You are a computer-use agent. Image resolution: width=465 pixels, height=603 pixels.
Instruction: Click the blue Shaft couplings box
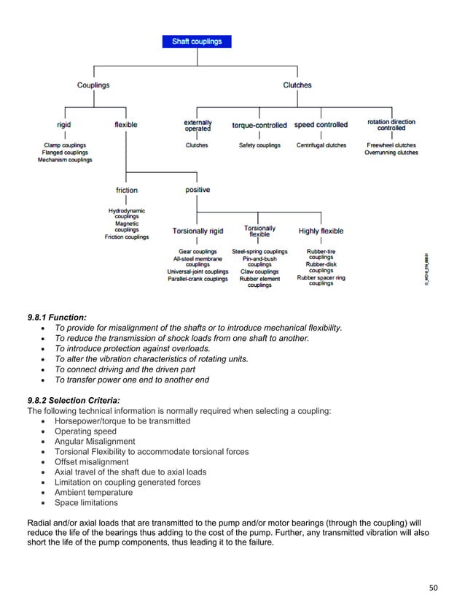(x=197, y=42)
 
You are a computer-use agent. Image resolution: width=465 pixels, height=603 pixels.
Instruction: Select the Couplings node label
(x=93, y=85)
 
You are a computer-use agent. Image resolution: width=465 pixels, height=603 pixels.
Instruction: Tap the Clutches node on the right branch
(x=297, y=85)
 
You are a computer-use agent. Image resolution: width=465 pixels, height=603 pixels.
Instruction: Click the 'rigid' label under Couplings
(x=64, y=125)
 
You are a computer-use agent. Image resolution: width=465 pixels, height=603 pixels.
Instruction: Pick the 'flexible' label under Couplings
(x=125, y=125)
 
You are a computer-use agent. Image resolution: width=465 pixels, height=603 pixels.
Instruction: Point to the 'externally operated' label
(x=198, y=125)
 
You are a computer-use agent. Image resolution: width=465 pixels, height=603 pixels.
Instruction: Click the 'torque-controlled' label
(x=259, y=126)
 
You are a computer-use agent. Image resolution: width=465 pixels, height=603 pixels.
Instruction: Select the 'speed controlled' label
(x=321, y=125)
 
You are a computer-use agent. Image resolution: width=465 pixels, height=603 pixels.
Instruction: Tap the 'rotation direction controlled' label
(x=391, y=125)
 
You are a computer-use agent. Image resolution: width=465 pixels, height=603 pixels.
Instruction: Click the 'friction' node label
(x=127, y=191)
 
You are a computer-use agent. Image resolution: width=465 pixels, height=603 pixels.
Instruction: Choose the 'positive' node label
(x=198, y=190)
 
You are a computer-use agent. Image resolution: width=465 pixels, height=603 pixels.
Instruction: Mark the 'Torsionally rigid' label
(x=198, y=231)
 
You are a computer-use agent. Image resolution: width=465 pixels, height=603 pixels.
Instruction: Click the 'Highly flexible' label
(x=321, y=231)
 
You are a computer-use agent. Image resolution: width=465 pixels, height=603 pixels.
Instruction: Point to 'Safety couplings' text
(x=259, y=145)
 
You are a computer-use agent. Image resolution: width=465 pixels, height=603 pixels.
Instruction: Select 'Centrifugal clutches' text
(x=321, y=145)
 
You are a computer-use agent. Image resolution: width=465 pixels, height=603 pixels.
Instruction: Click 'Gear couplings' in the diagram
(x=198, y=252)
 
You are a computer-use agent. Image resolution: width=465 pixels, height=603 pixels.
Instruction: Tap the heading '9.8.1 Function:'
(x=57, y=318)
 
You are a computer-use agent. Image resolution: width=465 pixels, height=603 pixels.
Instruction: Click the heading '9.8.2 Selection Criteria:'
(x=74, y=400)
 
